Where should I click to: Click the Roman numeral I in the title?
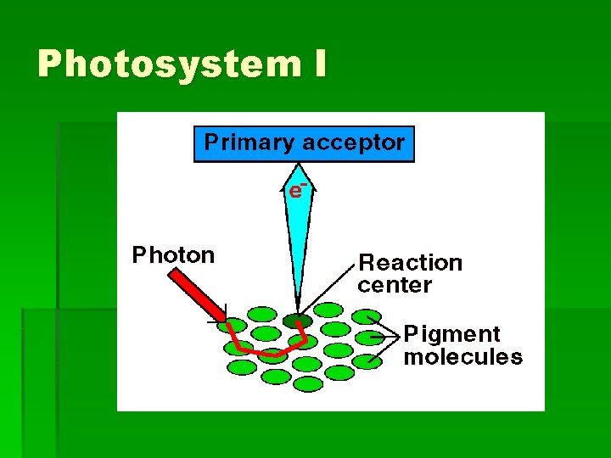click(318, 64)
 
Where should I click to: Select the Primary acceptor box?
click(305, 143)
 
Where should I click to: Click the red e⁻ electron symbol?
click(296, 190)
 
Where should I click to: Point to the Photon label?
click(173, 255)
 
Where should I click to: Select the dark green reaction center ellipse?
click(297, 321)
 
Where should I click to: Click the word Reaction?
click(410, 263)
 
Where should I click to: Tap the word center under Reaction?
click(395, 285)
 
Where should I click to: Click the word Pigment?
click(451, 334)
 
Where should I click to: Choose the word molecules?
click(462, 357)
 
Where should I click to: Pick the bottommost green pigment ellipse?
click(308, 384)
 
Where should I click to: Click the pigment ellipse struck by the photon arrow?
click(232, 326)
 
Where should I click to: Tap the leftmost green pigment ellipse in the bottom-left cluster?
click(234, 348)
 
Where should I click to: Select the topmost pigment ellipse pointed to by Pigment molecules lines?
click(366, 317)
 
